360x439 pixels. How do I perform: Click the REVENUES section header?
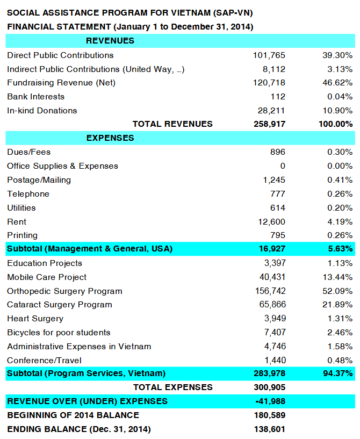pyautogui.click(x=110, y=41)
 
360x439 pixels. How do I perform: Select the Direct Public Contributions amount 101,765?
pyautogui.click(x=269, y=55)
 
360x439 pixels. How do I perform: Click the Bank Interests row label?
pyautogui.click(x=35, y=97)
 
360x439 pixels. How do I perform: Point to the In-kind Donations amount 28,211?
pyautogui.click(x=271, y=111)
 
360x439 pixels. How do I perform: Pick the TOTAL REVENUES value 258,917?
pyautogui.click(x=269, y=124)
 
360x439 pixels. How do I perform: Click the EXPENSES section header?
pyautogui.click(x=110, y=138)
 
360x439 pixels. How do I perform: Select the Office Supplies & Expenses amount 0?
pyautogui.click(x=283, y=166)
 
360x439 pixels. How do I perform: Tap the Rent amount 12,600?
pyautogui.click(x=271, y=221)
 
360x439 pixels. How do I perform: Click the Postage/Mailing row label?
pyautogui.click(x=39, y=180)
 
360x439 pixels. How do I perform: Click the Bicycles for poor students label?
pyautogui.click(x=59, y=333)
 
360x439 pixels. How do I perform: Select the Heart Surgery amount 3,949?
pyautogui.click(x=274, y=319)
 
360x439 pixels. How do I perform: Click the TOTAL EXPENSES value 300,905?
pyautogui.click(x=269, y=387)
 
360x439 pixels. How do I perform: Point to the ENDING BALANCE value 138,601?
pyautogui.click(x=269, y=429)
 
